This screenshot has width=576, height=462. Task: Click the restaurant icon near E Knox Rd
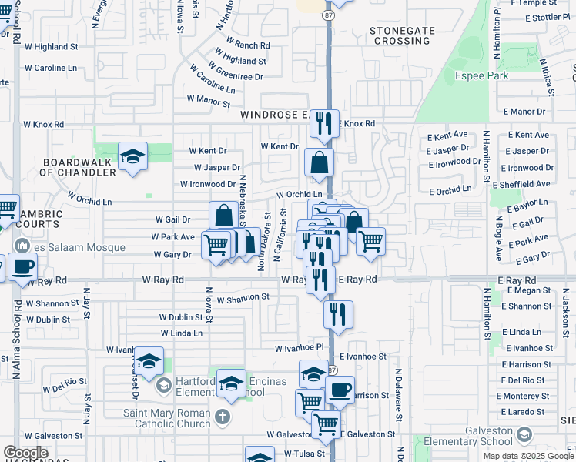(324, 123)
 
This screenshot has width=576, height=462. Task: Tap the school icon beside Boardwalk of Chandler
(132, 157)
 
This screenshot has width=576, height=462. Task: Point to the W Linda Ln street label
(182, 333)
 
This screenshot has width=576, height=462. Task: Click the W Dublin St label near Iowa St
(180, 317)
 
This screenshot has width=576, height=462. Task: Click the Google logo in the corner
(25, 453)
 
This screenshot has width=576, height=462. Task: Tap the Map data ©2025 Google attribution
(528, 456)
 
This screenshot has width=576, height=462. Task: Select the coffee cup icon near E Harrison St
(340, 389)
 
